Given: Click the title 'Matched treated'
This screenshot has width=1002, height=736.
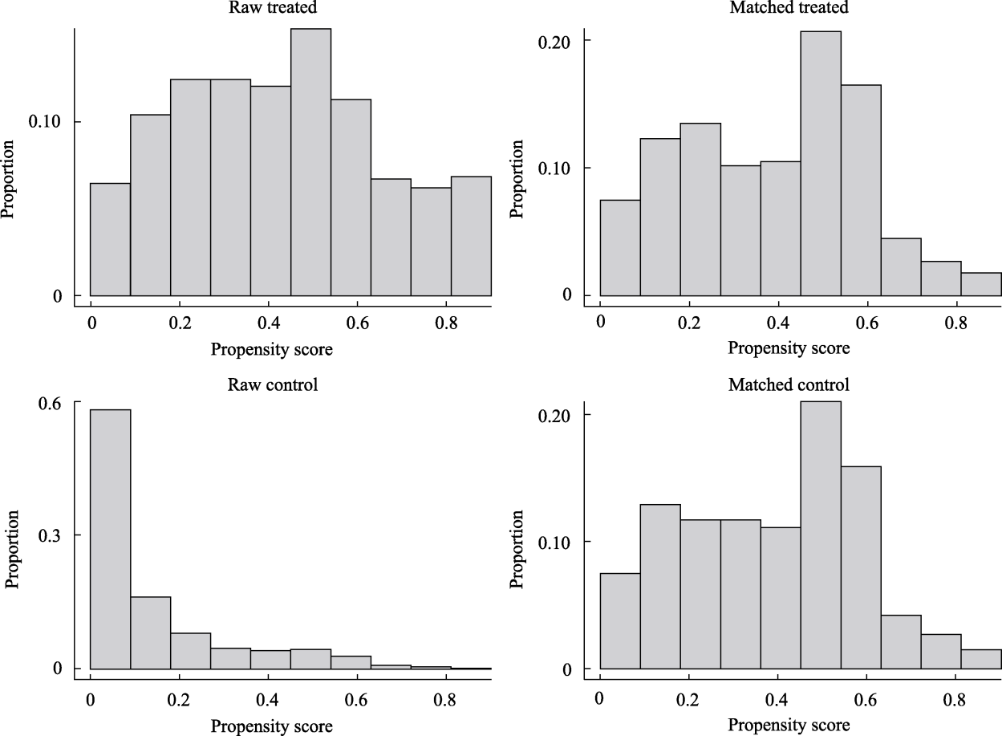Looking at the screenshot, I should pyautogui.click(x=789, y=7).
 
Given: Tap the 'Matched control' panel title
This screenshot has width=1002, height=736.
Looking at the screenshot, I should pyautogui.click(x=789, y=384).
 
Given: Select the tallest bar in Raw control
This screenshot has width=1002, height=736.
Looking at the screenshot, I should pyautogui.click(x=110, y=539).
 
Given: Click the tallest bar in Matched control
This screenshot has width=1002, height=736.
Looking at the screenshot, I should pyautogui.click(x=821, y=535).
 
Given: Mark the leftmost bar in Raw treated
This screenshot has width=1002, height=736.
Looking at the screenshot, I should pyautogui.click(x=110, y=239).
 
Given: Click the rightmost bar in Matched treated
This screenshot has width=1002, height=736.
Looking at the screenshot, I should pyautogui.click(x=980, y=284).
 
